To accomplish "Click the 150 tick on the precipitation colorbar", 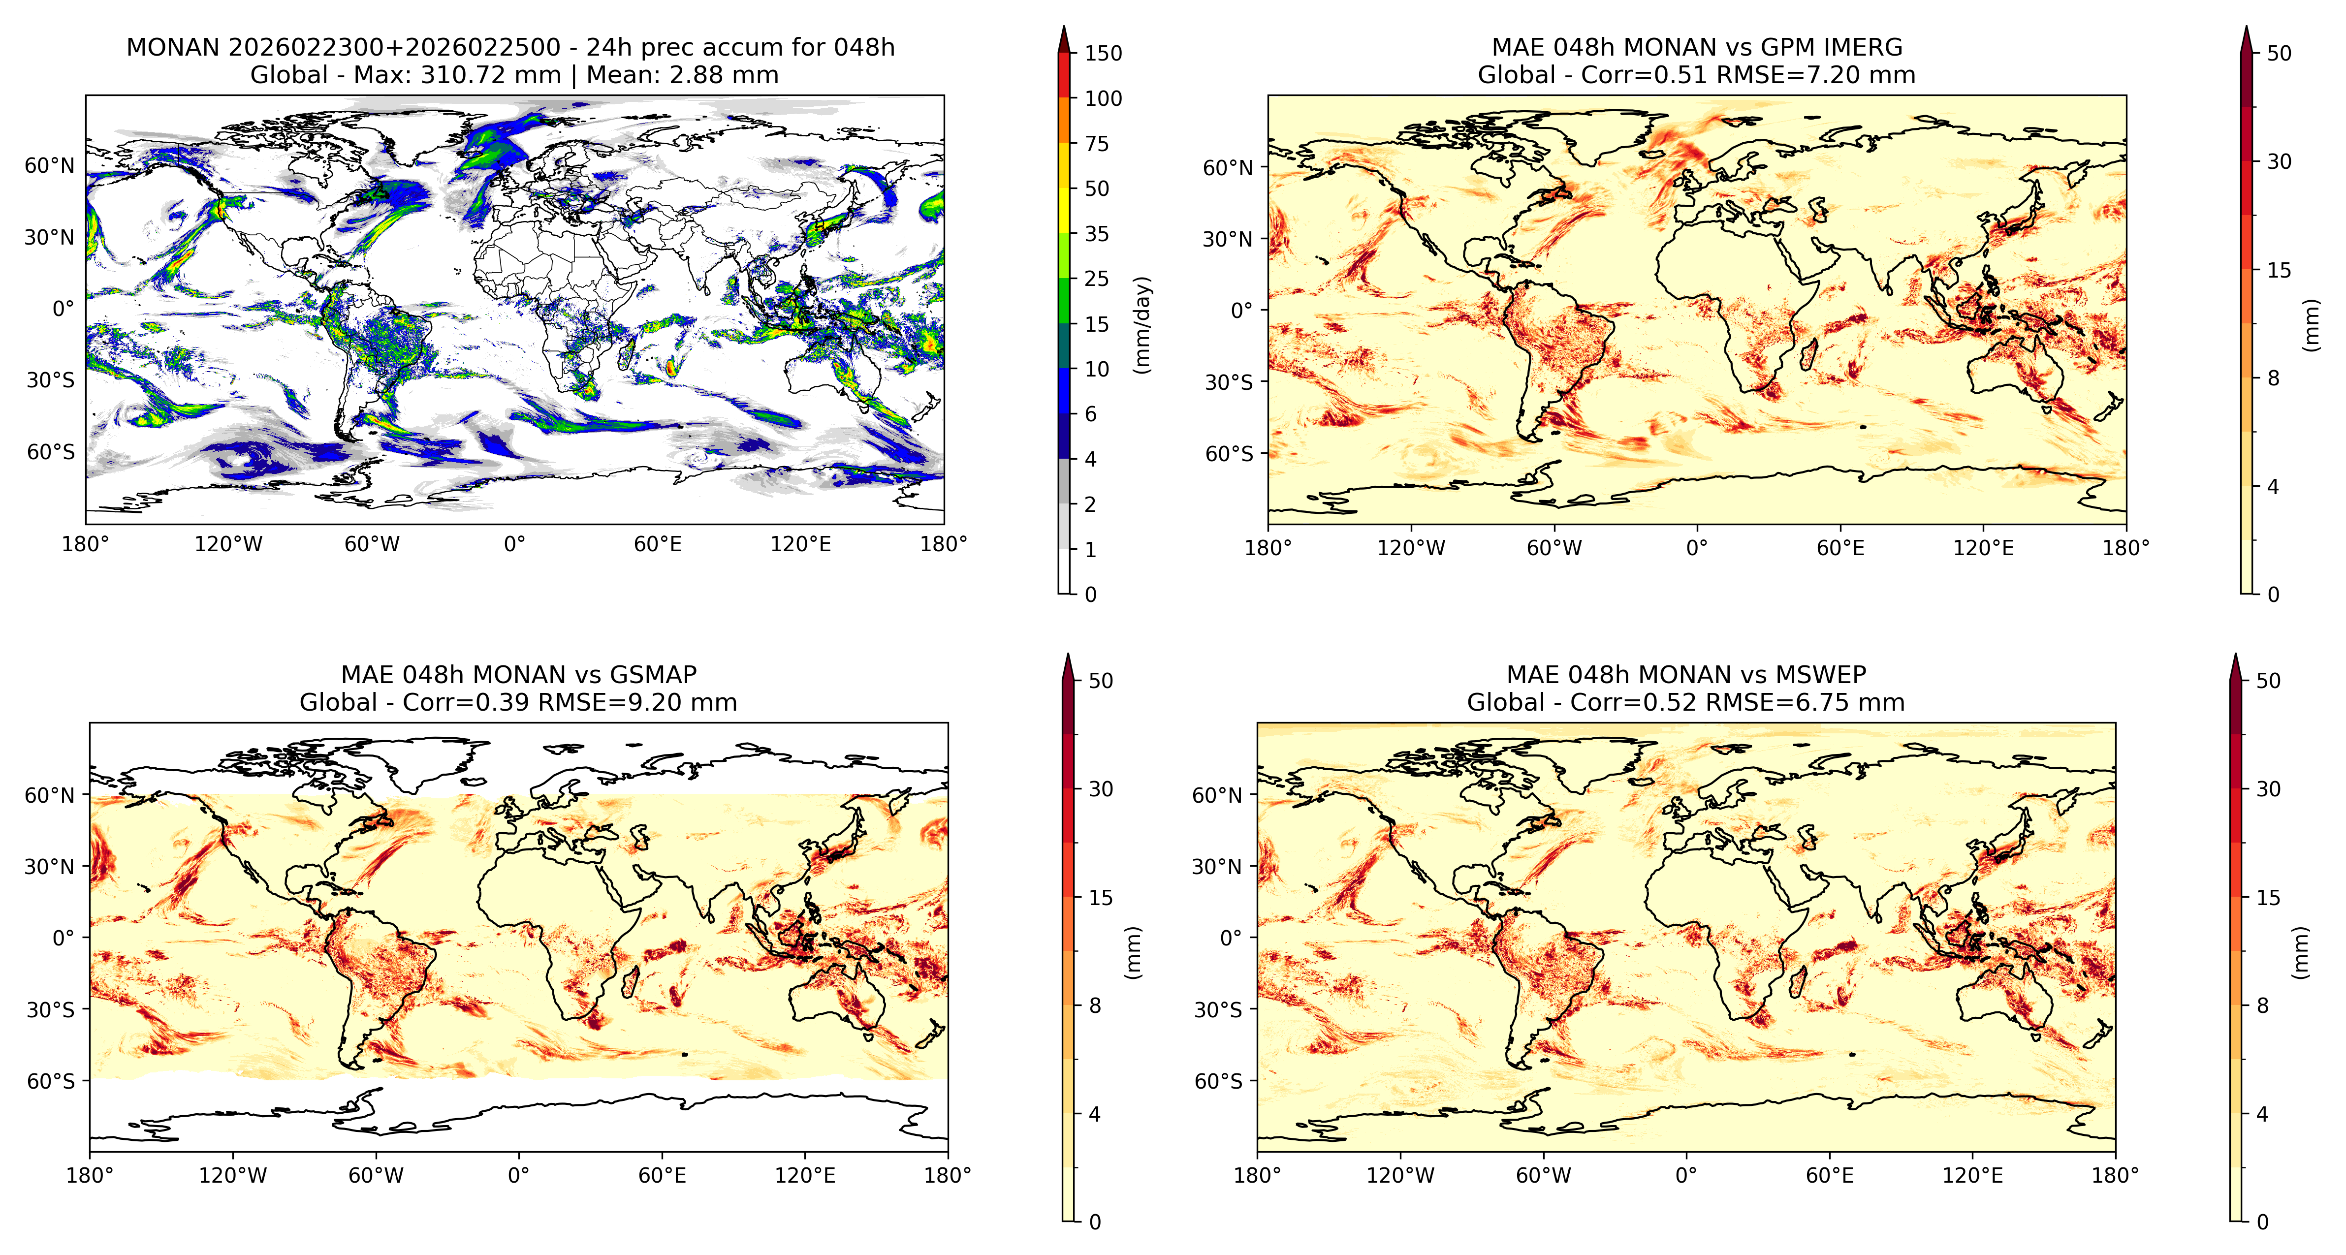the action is tap(1103, 53).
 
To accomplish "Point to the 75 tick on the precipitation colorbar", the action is tap(1097, 143).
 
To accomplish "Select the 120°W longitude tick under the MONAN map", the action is tap(228, 545).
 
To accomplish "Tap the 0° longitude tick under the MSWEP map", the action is tap(1686, 1176).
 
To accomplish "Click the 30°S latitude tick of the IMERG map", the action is tap(1230, 382).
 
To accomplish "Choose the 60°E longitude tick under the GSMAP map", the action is tap(662, 1176).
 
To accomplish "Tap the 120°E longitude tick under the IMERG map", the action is tap(1984, 548).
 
